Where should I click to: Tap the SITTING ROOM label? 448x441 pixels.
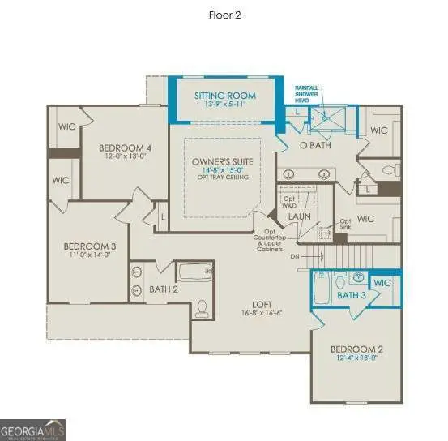click(x=224, y=95)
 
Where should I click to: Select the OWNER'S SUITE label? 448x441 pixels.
click(x=222, y=162)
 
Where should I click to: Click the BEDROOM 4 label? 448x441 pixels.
click(x=125, y=148)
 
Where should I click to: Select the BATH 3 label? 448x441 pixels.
click(x=352, y=296)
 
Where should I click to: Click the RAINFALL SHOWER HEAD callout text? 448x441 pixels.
click(x=307, y=92)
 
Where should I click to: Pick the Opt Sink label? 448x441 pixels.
click(x=345, y=224)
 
